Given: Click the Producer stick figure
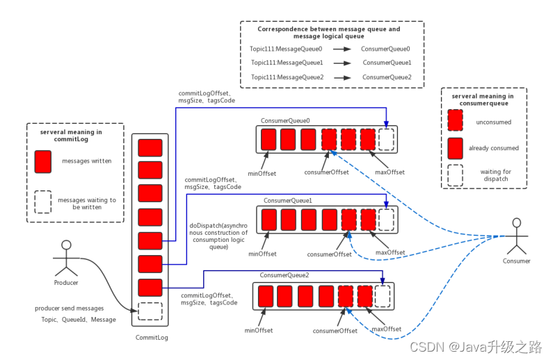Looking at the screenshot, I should tap(67, 258).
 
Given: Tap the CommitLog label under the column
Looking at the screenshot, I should tap(151, 338).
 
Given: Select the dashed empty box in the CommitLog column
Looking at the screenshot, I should tap(150, 311).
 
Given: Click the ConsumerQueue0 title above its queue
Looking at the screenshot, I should tap(285, 121).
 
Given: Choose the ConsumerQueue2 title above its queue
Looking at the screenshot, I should tap(284, 275).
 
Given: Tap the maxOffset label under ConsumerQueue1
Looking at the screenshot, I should tap(390, 252).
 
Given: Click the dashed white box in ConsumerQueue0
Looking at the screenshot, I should tap(386, 140).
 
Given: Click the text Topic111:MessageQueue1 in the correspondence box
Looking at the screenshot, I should tap(287, 63).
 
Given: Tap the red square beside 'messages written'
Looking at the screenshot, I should tap(43, 161).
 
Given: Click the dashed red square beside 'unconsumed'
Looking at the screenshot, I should tap(456, 121).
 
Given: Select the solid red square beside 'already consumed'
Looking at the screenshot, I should tap(456, 148).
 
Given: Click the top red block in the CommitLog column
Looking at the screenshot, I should tap(150, 147).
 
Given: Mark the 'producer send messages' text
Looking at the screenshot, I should tap(70, 308).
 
